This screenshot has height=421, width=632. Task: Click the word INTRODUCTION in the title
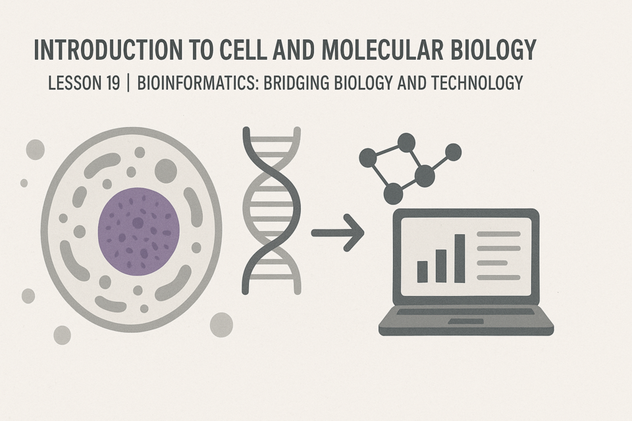[x=108, y=50]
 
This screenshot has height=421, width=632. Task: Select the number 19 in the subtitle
[x=113, y=83]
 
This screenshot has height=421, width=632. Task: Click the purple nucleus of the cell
[x=139, y=232]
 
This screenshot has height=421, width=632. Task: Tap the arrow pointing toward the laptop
[x=338, y=233]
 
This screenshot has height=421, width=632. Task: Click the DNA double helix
[x=272, y=210]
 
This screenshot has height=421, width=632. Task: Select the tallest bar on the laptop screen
[x=460, y=259]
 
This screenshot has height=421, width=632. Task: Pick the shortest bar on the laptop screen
[x=423, y=272]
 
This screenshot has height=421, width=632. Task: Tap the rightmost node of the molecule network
[x=453, y=153]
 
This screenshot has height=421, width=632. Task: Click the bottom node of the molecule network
[x=393, y=193]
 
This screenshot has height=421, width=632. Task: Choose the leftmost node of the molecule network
[x=368, y=157]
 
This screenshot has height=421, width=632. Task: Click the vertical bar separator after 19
[x=128, y=83]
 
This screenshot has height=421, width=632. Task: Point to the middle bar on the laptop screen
[x=441, y=266]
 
